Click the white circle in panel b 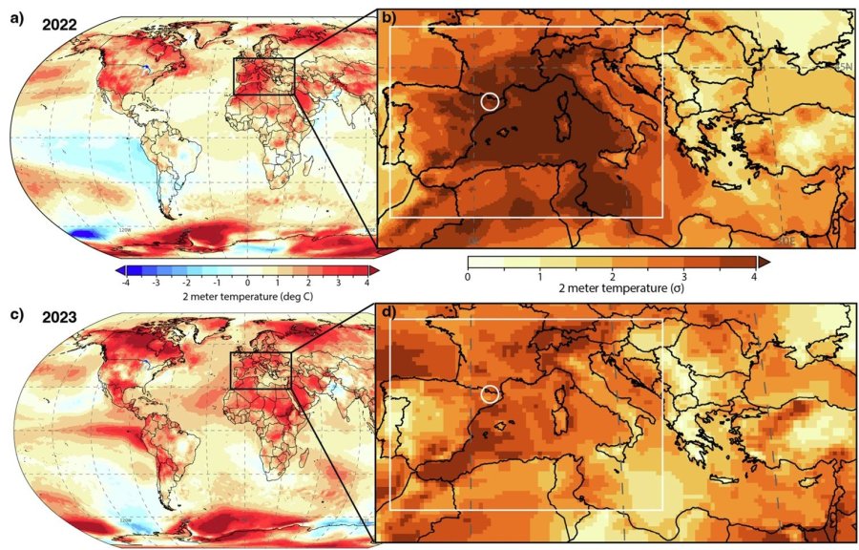(490, 102)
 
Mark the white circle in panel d (491, 393)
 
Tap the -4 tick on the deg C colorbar (126, 284)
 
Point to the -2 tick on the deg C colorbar (186, 284)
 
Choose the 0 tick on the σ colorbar (468, 277)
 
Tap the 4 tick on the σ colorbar (754, 277)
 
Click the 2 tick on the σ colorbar (611, 277)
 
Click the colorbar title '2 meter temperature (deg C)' (246, 297)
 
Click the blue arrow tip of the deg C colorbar (117, 271)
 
